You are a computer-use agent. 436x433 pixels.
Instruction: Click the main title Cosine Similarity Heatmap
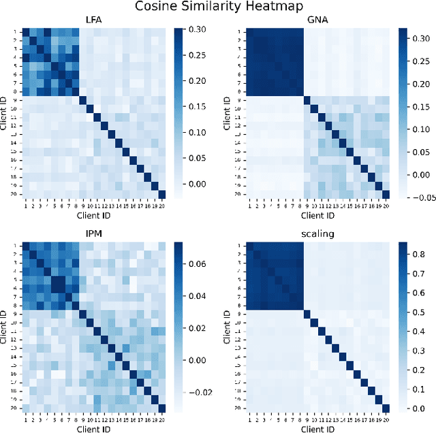click(x=217, y=7)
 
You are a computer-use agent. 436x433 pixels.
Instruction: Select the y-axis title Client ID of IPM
click(x=5, y=325)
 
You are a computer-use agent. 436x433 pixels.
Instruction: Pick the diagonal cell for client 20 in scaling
click(x=385, y=408)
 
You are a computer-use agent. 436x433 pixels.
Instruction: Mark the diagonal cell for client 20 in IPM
click(x=162, y=408)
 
